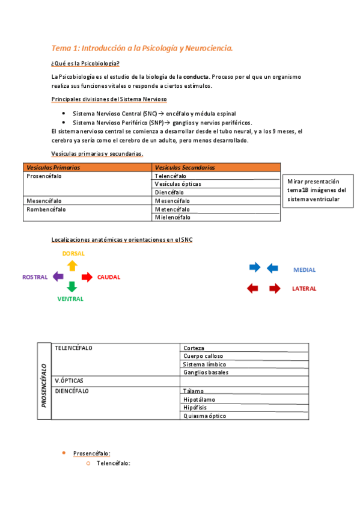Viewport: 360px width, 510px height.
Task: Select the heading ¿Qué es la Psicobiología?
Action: point(85,64)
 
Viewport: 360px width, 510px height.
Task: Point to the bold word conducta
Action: point(197,77)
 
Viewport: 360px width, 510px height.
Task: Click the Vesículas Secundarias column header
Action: point(185,167)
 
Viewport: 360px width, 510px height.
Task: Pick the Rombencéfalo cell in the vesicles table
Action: point(46,209)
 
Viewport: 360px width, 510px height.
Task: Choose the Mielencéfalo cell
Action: point(172,217)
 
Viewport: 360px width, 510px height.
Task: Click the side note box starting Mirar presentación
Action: point(317,190)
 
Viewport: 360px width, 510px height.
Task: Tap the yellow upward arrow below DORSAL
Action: point(72,265)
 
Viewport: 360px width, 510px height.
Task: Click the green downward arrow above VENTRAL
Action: point(72,287)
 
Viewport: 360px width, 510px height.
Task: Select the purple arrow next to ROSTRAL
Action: point(58,277)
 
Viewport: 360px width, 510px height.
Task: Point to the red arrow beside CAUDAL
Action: point(87,277)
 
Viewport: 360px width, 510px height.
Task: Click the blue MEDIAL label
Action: point(304,270)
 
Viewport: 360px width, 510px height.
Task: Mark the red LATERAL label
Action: point(304,289)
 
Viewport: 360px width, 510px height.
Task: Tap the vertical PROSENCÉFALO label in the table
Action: point(44,381)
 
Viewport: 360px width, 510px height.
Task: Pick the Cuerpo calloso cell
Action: point(203,356)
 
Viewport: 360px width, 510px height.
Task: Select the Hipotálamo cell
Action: point(199,399)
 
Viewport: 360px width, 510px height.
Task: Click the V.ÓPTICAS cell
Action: point(69,381)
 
